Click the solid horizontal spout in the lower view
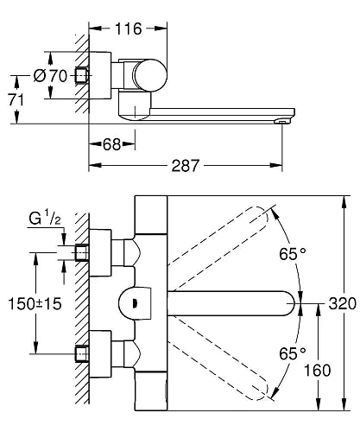click(x=233, y=304)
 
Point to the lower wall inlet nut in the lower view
click(x=83, y=355)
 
